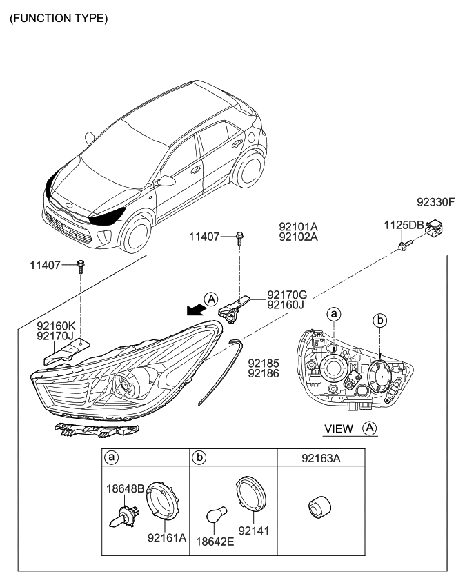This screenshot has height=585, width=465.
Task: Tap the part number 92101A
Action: click(x=298, y=226)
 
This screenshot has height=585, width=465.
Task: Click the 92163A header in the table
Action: click(x=320, y=457)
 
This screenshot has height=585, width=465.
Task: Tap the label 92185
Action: click(x=264, y=361)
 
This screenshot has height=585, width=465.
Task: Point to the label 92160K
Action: click(x=57, y=326)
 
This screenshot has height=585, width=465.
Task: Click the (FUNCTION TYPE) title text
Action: click(x=58, y=19)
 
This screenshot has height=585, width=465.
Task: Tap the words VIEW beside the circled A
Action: click(x=338, y=429)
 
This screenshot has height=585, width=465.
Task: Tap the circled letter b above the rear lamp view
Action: click(x=379, y=319)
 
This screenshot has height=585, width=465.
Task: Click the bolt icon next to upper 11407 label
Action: click(x=239, y=238)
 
